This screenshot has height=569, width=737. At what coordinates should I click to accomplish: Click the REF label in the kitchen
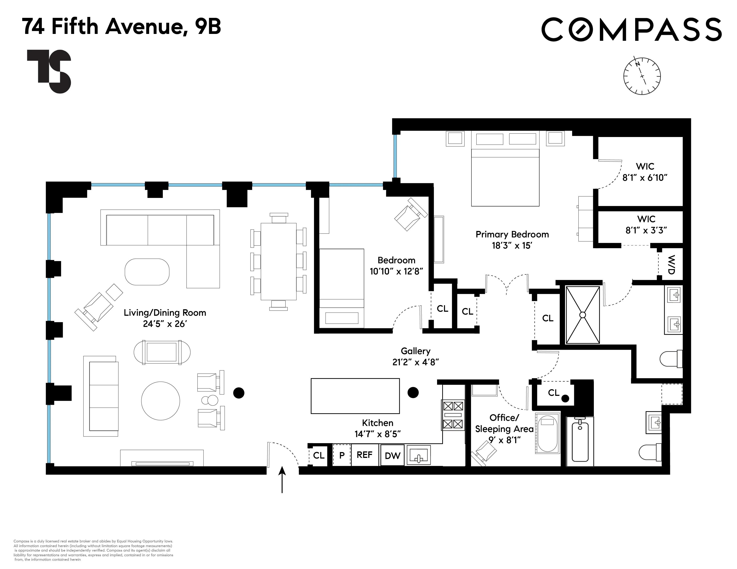[x=364, y=455]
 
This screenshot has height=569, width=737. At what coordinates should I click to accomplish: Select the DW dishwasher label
[x=392, y=456]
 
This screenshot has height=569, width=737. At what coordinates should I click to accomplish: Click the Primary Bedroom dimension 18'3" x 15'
[x=512, y=245]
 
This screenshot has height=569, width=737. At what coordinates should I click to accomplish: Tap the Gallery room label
[x=415, y=351]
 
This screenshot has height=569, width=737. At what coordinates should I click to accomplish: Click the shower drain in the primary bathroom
[x=582, y=314]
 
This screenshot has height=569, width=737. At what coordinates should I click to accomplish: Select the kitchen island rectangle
[x=355, y=396]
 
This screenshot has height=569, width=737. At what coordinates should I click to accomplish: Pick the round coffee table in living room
[x=160, y=401]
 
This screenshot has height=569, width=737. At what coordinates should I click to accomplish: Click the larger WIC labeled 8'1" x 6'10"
[x=645, y=172]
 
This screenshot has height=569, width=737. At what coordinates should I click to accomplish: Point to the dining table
[x=278, y=261]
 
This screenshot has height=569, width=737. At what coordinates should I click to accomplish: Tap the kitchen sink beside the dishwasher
[x=419, y=455]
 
